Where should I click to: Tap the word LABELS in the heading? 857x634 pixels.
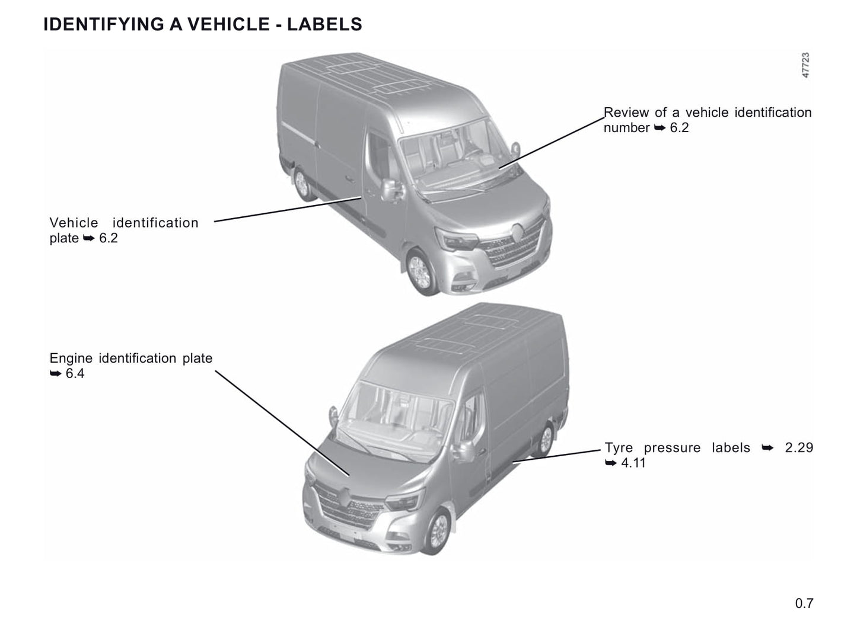324,24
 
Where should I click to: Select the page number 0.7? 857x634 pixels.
804,603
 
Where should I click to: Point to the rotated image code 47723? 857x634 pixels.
805,65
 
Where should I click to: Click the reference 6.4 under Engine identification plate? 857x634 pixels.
75,373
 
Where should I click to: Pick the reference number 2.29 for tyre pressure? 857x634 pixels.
799,447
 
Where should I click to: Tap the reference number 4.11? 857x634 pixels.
633,463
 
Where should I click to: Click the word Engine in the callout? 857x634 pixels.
71,358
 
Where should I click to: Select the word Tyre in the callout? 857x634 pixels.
619,448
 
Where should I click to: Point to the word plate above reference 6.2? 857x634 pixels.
64,238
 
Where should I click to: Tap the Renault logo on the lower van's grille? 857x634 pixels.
345,498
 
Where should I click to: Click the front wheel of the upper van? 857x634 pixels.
421,273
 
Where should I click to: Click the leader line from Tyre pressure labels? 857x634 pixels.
556,456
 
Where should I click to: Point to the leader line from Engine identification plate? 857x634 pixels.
282,423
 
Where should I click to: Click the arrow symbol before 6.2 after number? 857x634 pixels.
660,128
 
